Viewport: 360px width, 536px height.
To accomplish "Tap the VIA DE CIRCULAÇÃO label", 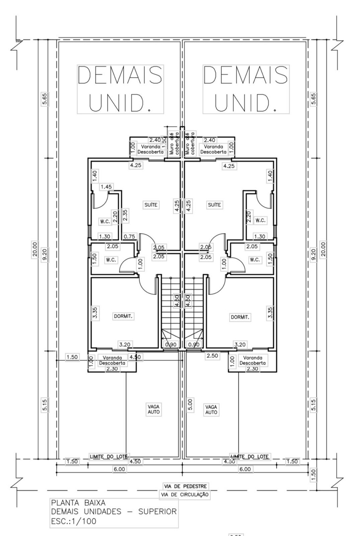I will (185, 494).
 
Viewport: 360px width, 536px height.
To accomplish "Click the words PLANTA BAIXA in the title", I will (78, 503).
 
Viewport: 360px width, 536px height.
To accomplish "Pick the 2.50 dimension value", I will (212, 356).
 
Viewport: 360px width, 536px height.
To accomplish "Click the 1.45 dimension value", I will (106, 187).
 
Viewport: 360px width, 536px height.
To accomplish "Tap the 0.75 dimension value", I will (129, 236).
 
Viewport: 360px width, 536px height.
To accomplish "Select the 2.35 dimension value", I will (125, 216).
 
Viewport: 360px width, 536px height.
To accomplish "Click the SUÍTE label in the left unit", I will (151, 204).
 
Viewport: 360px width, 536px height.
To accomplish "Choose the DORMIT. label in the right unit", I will (240, 317).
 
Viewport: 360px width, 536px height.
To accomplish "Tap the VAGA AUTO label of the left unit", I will (154, 409).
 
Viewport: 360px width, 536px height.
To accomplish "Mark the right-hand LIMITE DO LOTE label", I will (250, 457).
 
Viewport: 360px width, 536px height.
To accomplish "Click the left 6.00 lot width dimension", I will (119, 469).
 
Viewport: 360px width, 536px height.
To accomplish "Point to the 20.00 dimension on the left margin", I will (34, 249).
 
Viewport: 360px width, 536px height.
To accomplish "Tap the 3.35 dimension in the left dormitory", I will (95, 313).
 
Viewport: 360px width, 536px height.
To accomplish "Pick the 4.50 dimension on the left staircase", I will (177, 301).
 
